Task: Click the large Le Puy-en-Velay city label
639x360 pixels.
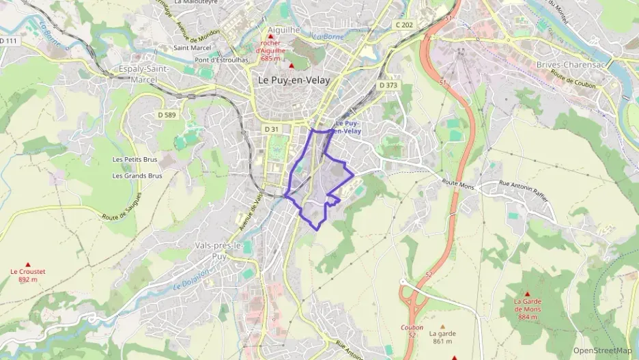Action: pyautogui.click(x=294, y=80)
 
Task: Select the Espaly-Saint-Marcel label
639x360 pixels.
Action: pyautogui.click(x=147, y=74)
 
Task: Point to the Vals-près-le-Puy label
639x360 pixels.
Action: pyautogui.click(x=220, y=251)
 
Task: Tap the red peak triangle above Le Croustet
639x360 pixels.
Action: pyautogui.click(x=28, y=264)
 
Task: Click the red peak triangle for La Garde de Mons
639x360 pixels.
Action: pyautogui.click(x=527, y=294)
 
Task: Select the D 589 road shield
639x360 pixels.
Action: pyautogui.click(x=167, y=115)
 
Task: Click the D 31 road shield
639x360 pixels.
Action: pyautogui.click(x=272, y=129)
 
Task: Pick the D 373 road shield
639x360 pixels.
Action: pyautogui.click(x=388, y=85)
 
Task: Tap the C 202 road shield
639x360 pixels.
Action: pyautogui.click(x=404, y=25)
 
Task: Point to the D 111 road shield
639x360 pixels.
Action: pyautogui.click(x=8, y=42)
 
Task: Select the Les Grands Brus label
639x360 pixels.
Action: pyautogui.click(x=137, y=176)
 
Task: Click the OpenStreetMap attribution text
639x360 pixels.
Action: pyautogui.click(x=602, y=350)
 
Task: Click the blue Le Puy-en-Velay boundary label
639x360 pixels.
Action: pyautogui.click(x=347, y=127)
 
